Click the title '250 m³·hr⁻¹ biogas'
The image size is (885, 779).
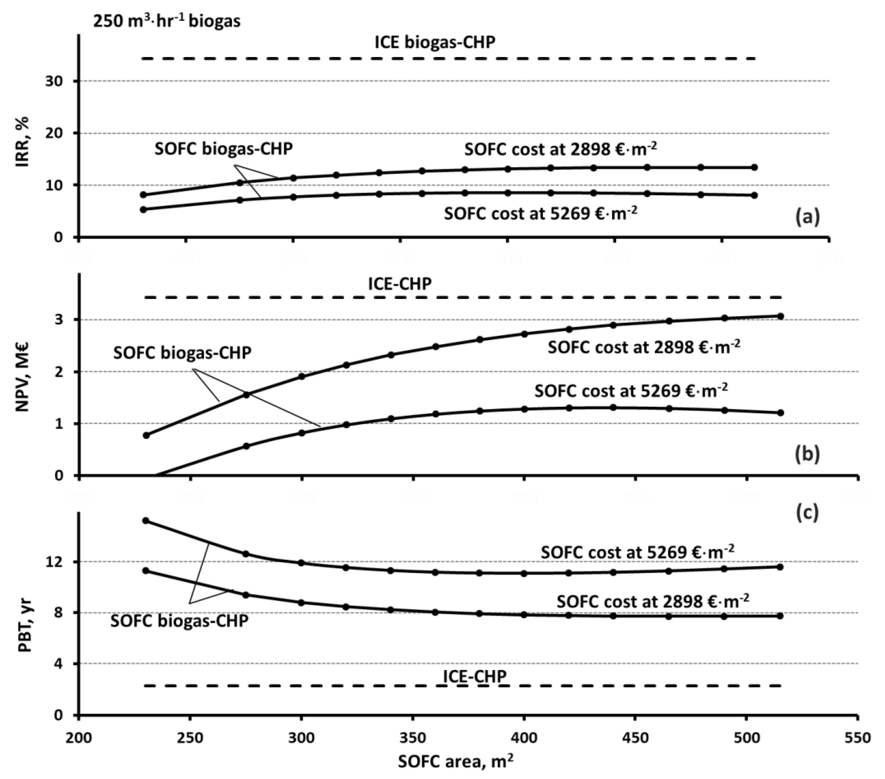click(x=167, y=20)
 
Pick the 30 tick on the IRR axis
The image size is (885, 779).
click(x=56, y=81)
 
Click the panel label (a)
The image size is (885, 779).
click(x=807, y=217)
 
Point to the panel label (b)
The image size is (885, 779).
click(x=807, y=454)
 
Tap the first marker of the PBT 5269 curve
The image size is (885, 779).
click(x=146, y=520)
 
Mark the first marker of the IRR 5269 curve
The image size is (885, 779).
click(x=143, y=209)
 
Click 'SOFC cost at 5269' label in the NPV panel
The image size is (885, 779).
click(x=631, y=391)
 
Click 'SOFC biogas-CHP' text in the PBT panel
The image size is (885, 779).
click(x=179, y=621)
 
